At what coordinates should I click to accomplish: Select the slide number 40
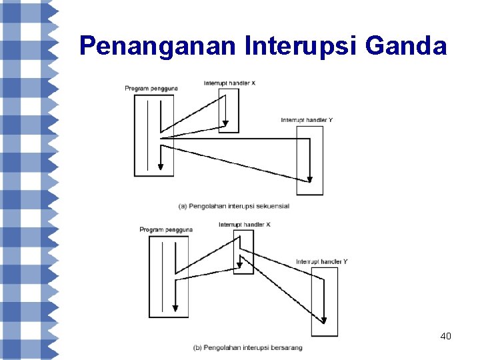[446, 336]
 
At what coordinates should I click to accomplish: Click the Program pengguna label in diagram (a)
[151, 89]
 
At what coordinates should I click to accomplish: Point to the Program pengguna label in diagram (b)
[166, 230]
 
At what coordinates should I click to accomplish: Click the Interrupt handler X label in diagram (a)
[229, 83]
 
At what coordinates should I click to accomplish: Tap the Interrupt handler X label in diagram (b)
[245, 225]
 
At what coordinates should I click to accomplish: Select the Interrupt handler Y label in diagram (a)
[307, 120]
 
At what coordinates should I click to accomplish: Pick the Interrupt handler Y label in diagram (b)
[322, 262]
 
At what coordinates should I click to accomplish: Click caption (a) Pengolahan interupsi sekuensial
[234, 206]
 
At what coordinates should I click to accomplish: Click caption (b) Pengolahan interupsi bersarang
[248, 347]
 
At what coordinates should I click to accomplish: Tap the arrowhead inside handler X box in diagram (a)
[226, 123]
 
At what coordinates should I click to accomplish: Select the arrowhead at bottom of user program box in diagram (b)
[175, 307]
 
